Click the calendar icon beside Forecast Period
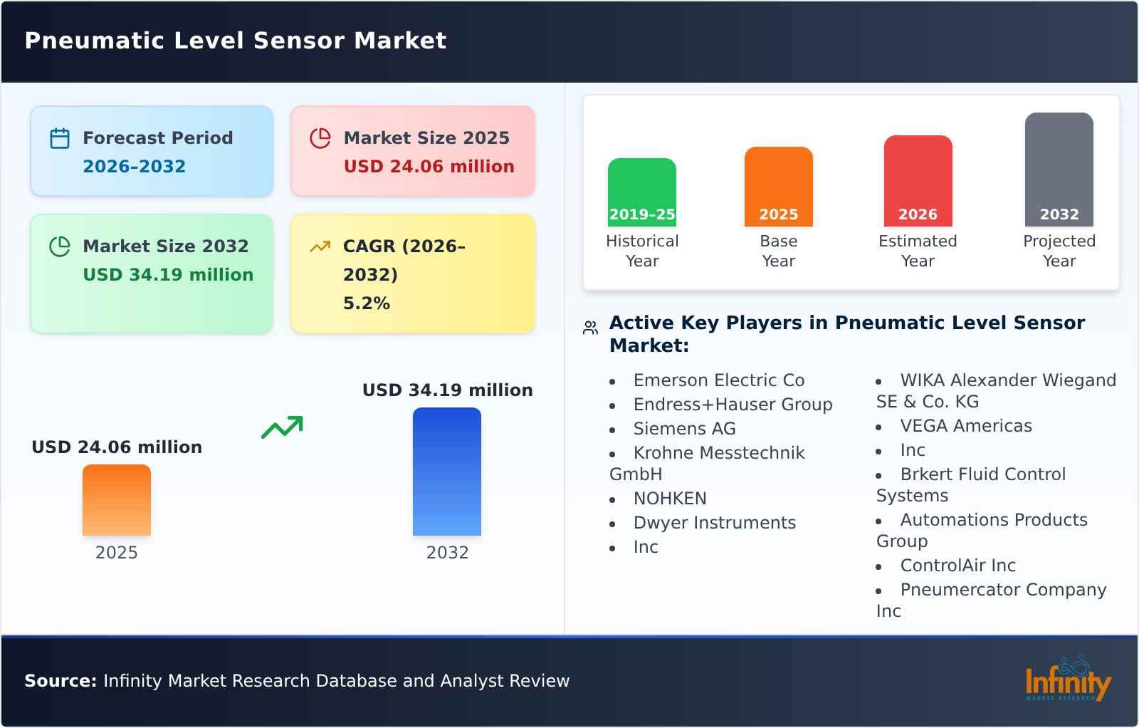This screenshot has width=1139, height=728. click(x=60, y=138)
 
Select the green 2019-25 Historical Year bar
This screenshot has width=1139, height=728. click(x=641, y=192)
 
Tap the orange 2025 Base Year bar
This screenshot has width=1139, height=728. click(x=778, y=186)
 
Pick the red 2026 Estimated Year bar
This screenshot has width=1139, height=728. click(x=918, y=180)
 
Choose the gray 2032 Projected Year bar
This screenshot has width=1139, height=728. click(x=1059, y=169)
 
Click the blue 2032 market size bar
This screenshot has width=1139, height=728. click(x=447, y=472)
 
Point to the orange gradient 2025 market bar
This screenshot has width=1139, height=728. click(x=117, y=500)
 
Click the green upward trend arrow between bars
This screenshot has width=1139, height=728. click(x=282, y=427)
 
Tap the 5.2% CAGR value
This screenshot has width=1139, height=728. click(x=367, y=303)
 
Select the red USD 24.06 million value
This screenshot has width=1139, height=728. click(x=429, y=167)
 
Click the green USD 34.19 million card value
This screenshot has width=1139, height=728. click(x=168, y=275)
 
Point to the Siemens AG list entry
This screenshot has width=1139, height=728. click(x=684, y=429)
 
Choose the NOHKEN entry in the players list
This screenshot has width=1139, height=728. click(x=670, y=499)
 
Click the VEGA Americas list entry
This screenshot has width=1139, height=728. click(x=965, y=426)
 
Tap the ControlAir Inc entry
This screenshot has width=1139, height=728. click(x=957, y=566)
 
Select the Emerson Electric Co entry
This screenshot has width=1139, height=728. click(x=718, y=380)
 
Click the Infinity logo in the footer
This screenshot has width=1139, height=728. click(x=1067, y=680)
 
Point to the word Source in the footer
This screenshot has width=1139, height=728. click(x=60, y=681)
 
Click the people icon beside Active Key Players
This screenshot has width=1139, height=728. click(x=590, y=328)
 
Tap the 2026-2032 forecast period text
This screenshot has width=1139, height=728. click(x=134, y=167)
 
